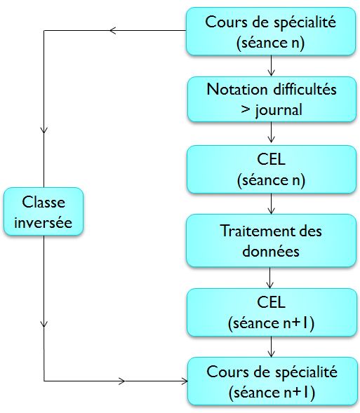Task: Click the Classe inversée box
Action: pos(44,212)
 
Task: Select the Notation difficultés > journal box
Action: pos(272,100)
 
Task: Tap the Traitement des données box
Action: pos(271,241)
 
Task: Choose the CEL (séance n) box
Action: pos(272,170)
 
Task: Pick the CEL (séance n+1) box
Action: pos(272,313)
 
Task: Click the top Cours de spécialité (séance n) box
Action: pos(271,32)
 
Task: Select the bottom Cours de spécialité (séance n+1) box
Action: pos(272,381)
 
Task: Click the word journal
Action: pos(279,110)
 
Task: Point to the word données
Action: pos(271,251)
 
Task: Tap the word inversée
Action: pos(44,222)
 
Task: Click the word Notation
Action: pos(236,89)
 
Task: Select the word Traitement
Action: pos(254,231)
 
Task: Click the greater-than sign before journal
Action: pos(246,109)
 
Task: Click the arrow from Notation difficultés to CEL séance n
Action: pos(271,133)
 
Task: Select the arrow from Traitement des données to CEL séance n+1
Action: pos(269,278)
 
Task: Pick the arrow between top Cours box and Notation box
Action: pos(271,66)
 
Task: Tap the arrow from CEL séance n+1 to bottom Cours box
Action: pos(271,346)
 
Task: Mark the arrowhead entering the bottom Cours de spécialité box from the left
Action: pos(185,381)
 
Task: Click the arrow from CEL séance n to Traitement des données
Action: pos(271,203)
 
